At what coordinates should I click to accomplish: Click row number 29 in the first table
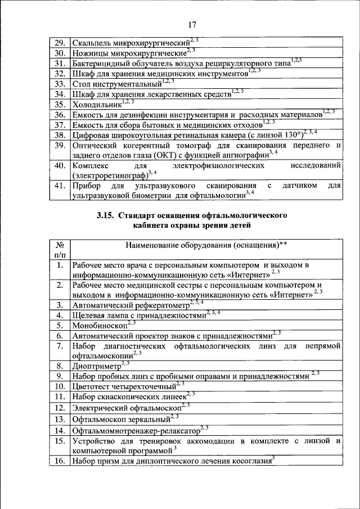(58, 43)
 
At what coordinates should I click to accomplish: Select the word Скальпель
(92, 43)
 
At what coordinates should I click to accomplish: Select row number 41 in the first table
(58, 186)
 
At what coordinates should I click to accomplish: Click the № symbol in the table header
(58, 246)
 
